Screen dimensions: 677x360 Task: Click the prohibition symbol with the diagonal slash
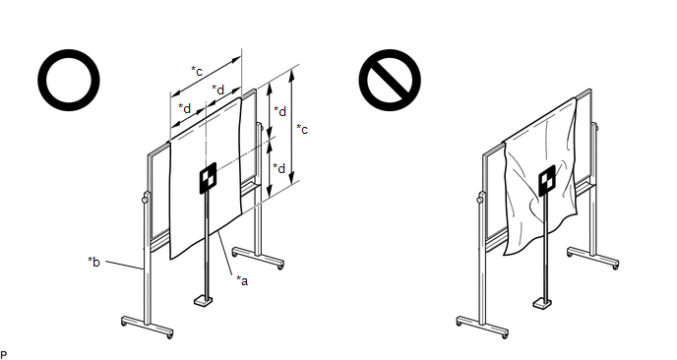coord(390,80)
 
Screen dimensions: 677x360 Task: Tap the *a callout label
coord(242,280)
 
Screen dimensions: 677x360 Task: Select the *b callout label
coord(93,262)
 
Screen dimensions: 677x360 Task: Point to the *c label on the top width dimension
coord(197,71)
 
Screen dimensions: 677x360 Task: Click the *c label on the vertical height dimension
coord(302,129)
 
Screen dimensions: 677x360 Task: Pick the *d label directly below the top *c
coord(218,90)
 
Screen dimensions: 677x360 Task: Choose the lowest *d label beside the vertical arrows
coord(279,168)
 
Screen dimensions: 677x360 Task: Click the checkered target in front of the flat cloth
coord(208,178)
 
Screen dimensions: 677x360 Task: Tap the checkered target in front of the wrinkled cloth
coord(546,180)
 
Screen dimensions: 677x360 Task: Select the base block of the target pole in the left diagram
coord(203,300)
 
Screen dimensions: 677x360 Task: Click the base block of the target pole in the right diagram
coord(542,303)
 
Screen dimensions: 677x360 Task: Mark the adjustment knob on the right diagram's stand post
coord(480,199)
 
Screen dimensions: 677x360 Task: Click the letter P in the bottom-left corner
coord(4,355)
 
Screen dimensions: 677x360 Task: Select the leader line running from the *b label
coord(124,265)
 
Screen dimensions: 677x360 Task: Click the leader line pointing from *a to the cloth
coord(226,254)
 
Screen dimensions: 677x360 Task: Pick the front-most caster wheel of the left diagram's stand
coord(169,335)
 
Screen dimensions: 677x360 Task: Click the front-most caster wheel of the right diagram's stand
coord(505,335)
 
